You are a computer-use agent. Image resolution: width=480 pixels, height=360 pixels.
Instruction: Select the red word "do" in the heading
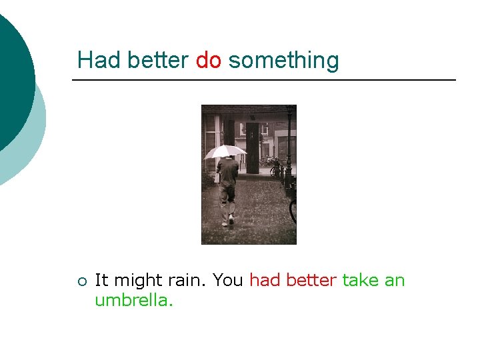(x=209, y=60)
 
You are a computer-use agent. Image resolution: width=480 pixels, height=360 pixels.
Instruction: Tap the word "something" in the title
(x=283, y=61)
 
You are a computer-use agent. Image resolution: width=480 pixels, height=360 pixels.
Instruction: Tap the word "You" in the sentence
(x=227, y=280)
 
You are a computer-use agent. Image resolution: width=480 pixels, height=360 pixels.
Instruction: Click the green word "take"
(x=361, y=280)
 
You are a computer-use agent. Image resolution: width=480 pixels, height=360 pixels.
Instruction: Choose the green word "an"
(x=395, y=281)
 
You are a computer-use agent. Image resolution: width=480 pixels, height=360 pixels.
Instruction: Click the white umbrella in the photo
(x=225, y=151)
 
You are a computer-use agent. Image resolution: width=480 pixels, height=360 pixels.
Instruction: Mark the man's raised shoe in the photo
(x=231, y=219)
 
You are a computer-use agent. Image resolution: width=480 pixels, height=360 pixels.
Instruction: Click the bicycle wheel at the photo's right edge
(x=293, y=210)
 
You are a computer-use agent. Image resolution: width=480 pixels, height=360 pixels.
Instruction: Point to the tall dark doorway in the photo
(x=253, y=147)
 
